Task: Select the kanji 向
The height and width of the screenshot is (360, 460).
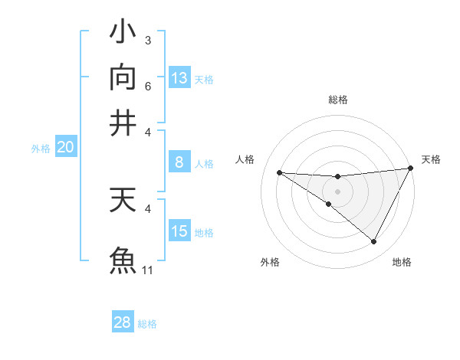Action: point(123,78)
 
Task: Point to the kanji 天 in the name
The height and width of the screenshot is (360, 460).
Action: point(123,201)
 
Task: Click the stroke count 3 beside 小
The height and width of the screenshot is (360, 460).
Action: point(148,40)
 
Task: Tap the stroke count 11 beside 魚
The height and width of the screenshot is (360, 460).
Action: point(148,270)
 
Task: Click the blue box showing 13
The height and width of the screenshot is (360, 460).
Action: point(179,78)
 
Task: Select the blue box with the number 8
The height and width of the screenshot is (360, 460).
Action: point(179,162)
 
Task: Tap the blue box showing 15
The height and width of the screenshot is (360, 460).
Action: point(179,231)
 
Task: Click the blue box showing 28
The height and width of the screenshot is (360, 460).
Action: point(123,322)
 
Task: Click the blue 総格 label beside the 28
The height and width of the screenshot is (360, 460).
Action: point(147,323)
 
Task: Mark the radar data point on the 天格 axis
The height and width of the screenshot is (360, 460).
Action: point(411,169)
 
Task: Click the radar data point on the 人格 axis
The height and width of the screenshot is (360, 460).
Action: point(279,172)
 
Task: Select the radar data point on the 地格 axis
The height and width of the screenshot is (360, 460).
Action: point(374,242)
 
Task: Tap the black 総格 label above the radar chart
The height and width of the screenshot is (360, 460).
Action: point(338,100)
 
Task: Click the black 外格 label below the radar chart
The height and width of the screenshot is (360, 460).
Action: point(270,262)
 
